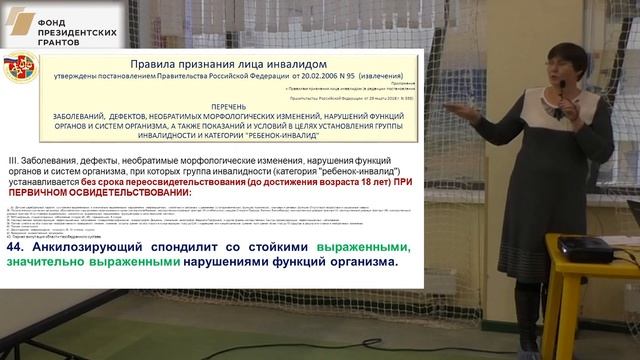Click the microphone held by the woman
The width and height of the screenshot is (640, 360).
(561, 90)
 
